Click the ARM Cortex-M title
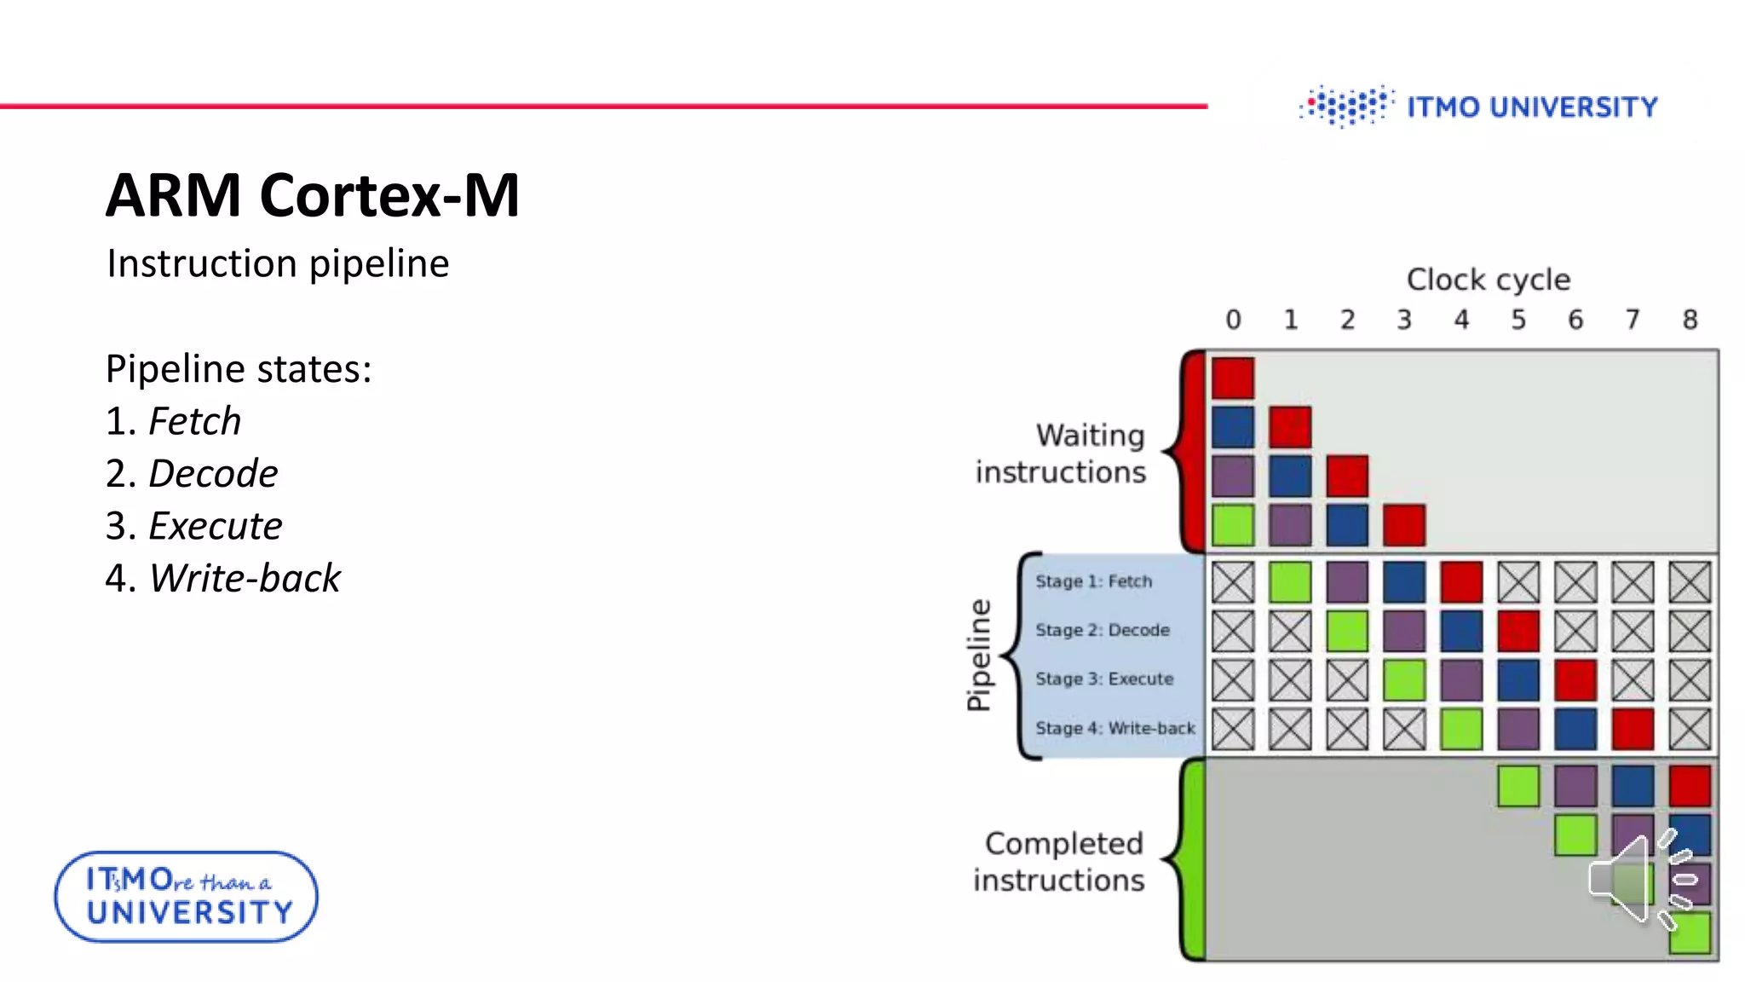(x=312, y=195)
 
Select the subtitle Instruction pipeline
(x=278, y=263)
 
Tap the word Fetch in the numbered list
(x=195, y=421)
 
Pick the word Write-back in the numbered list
(x=245, y=578)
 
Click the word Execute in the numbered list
(x=216, y=526)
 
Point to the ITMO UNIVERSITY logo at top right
(x=1478, y=107)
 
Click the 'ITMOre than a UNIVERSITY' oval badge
(x=187, y=897)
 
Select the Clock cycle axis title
(x=1488, y=280)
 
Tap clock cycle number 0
(x=1233, y=320)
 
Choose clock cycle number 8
(x=1690, y=320)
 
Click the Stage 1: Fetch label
(x=1093, y=581)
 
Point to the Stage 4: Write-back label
(x=1114, y=728)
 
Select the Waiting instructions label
(x=1062, y=453)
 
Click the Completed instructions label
(x=1060, y=861)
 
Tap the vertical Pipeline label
(x=979, y=655)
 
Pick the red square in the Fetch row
(x=1461, y=582)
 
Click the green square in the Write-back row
(x=1461, y=729)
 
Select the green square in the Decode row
(x=1347, y=631)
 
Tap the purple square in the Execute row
(x=1461, y=680)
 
